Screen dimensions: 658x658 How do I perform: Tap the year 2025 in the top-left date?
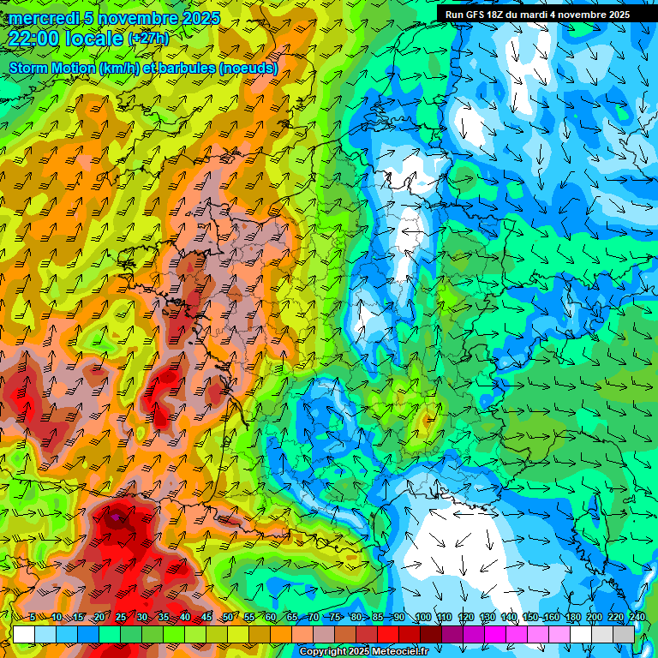click(x=200, y=18)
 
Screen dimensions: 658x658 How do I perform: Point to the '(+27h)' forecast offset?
click(x=148, y=39)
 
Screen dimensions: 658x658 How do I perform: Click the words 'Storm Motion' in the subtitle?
click(x=51, y=68)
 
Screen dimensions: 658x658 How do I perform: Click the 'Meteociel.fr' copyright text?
click(x=395, y=652)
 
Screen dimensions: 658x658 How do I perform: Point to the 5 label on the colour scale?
click(x=33, y=618)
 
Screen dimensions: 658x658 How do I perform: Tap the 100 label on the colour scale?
click(x=422, y=618)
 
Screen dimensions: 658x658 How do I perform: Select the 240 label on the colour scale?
click(x=637, y=618)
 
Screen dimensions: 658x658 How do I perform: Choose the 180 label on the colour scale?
click(x=572, y=618)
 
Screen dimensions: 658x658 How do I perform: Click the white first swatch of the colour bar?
click(x=24, y=634)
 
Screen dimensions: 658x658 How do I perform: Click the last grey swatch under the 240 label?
click(x=624, y=634)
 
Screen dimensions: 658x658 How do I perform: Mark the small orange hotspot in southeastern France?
click(x=427, y=419)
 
